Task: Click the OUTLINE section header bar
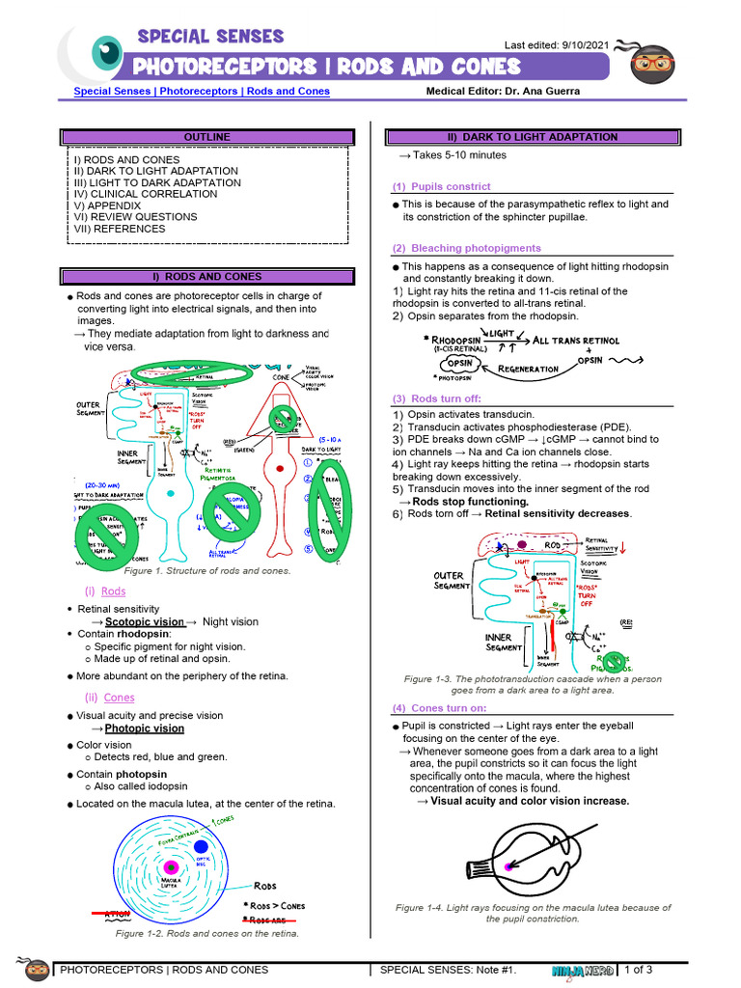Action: (x=207, y=137)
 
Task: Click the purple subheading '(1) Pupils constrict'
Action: (x=441, y=186)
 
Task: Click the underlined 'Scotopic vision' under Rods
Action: (x=144, y=622)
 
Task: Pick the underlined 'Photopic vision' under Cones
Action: (x=144, y=728)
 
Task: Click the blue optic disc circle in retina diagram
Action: (x=201, y=846)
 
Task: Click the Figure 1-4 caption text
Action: (x=533, y=913)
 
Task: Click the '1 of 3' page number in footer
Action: (x=639, y=970)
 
